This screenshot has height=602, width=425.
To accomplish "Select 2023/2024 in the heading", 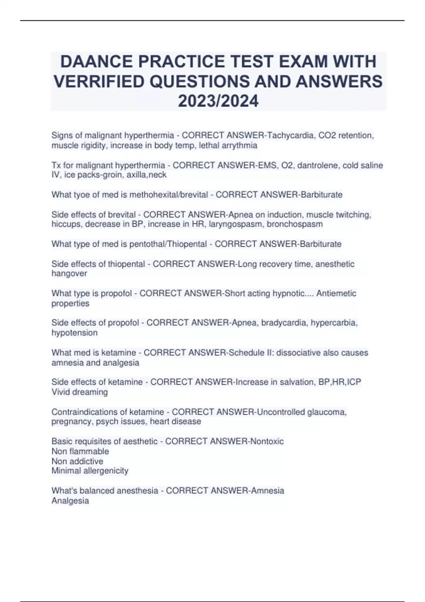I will coord(218,101).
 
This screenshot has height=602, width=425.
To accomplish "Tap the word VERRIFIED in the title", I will coord(99,81).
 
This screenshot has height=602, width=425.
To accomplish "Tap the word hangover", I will coord(69,274).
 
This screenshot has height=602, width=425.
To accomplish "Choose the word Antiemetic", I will coord(336,293).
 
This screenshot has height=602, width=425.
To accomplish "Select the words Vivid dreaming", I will coord(80,392).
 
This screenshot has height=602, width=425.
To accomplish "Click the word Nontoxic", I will coord(267,441).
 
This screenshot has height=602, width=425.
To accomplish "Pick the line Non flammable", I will coord(80,451).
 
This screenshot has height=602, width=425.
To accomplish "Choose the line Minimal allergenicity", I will coord(90,471).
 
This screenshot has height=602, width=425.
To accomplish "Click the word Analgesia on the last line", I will coord(70,501).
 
